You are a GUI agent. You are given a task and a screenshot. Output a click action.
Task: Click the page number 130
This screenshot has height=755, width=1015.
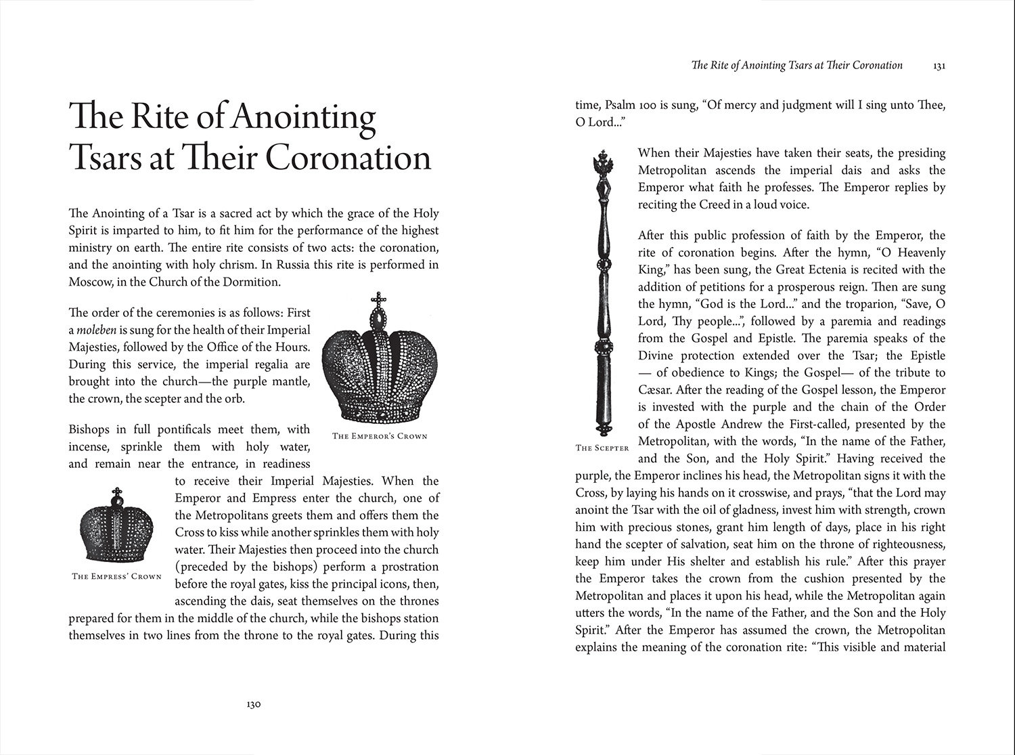coord(253,704)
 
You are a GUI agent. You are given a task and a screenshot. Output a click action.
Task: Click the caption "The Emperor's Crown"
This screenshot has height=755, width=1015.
coord(380,436)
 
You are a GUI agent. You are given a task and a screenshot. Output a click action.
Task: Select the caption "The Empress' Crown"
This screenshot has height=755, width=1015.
coord(117,576)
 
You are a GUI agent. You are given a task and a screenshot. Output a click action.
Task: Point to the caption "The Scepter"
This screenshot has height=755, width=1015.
coord(602,448)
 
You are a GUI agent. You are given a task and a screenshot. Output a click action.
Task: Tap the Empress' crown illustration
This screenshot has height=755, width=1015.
coord(118,525)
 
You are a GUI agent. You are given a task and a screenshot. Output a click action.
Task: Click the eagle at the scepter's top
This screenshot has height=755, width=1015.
coord(602,163)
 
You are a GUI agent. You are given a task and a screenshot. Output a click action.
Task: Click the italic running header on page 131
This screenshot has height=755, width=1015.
coord(796,66)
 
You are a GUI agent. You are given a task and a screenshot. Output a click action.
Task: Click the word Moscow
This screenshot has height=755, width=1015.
coord(89,282)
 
